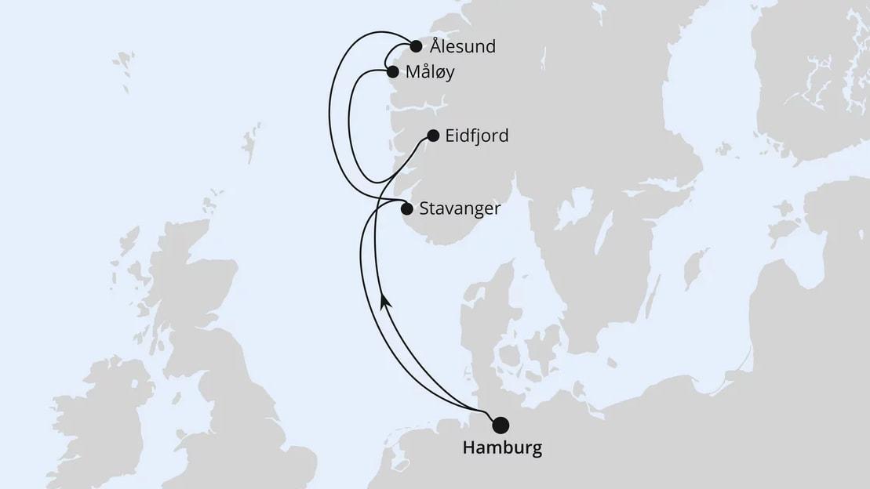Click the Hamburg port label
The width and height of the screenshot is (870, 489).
[x=502, y=449]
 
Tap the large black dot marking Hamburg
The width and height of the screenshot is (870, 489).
[x=500, y=426]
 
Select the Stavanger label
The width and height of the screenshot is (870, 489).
[x=460, y=209]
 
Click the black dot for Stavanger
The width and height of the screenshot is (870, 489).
[x=407, y=208]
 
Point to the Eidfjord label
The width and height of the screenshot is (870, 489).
[x=476, y=136]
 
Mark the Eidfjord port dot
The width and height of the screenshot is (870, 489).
[x=432, y=136]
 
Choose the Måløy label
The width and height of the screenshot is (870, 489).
[x=430, y=72]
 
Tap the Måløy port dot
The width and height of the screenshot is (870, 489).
[x=393, y=71]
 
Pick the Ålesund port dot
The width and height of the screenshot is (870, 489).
[x=417, y=45]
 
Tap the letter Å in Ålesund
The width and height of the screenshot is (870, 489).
[x=436, y=45]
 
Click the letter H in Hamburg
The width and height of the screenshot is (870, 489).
[x=469, y=449]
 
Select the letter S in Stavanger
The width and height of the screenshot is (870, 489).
[x=424, y=209]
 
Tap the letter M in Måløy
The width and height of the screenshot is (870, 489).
[x=413, y=72]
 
